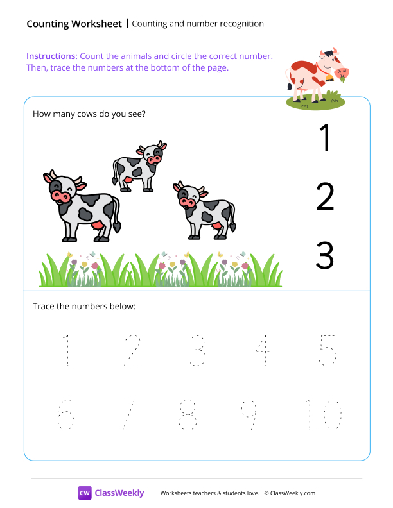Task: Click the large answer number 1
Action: [326, 138]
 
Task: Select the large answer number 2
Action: [325, 197]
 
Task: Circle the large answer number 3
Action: [325, 255]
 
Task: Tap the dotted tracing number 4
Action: [262, 351]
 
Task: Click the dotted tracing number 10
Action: [324, 414]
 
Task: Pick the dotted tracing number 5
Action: [327, 351]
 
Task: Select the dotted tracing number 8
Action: [188, 414]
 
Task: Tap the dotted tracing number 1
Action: [66, 351]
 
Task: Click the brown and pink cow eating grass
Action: [317, 76]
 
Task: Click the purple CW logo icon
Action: [85, 493]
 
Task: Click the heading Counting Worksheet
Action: [74, 24]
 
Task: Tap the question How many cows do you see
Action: [89, 114]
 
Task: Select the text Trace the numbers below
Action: [84, 306]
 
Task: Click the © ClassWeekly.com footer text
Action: [290, 493]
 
